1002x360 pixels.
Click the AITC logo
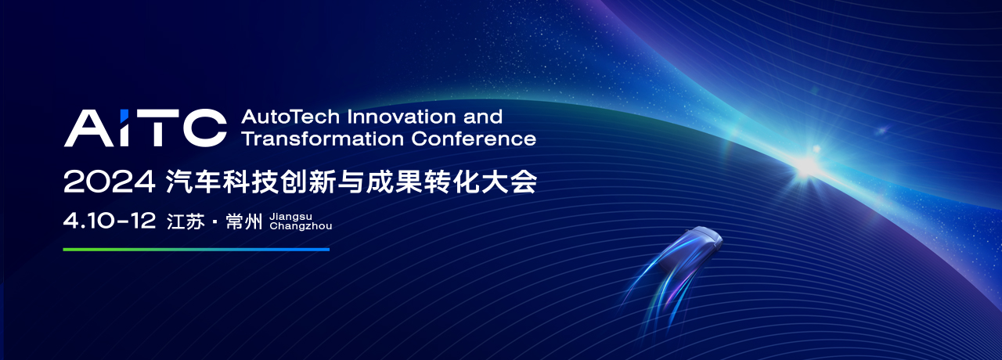pos(146,128)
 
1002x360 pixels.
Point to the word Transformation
pos(322,139)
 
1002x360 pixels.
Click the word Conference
pos(474,139)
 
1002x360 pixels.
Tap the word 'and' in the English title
pos(483,117)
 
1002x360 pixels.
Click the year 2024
pos(109,182)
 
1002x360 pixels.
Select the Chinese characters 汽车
pos(193,182)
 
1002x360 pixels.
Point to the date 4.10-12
pos(110,221)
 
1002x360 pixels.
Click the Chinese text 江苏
pos(186,221)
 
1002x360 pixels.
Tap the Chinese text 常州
pos(243,221)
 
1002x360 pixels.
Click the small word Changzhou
pos(301,226)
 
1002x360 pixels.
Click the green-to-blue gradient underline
pos(196,250)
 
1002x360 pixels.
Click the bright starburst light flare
pos(808,165)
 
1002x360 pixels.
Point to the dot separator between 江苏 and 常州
pos(215,222)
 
